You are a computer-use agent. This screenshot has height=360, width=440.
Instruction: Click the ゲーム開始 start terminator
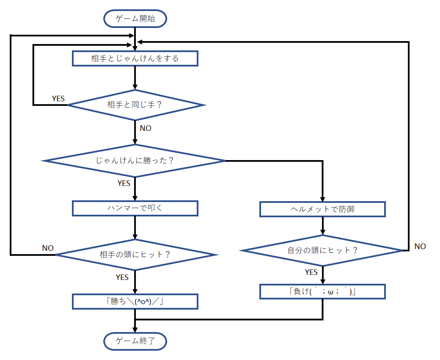[135, 19]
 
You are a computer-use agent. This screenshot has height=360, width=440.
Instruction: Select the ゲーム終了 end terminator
[135, 341]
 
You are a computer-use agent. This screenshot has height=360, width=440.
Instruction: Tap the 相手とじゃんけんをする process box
[135, 58]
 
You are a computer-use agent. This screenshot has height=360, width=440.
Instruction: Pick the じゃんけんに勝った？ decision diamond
[135, 161]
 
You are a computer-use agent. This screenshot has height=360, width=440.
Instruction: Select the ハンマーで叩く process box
[135, 208]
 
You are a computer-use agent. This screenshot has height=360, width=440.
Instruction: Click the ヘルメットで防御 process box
[322, 209]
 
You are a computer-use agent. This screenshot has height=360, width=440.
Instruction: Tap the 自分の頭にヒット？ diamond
[322, 250]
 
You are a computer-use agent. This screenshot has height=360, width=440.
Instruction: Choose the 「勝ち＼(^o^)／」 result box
[135, 301]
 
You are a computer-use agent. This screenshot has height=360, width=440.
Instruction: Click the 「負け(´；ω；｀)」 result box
[322, 291]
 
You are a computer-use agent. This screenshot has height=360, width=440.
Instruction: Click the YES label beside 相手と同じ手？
[58, 98]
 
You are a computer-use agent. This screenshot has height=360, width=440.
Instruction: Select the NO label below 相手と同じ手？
[145, 128]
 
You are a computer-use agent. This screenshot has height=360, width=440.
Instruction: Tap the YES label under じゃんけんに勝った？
[124, 183]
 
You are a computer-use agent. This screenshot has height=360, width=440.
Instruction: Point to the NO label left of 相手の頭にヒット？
[48, 248]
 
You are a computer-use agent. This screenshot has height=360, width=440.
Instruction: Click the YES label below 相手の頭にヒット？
[122, 277]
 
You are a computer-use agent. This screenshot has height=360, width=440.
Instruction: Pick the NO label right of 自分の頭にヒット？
[420, 246]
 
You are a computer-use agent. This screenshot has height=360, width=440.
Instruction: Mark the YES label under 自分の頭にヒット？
[311, 272]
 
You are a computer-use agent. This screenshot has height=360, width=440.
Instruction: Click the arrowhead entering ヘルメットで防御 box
[323, 199]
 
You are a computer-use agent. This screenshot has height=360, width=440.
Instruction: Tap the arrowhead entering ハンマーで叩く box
[135, 198]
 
